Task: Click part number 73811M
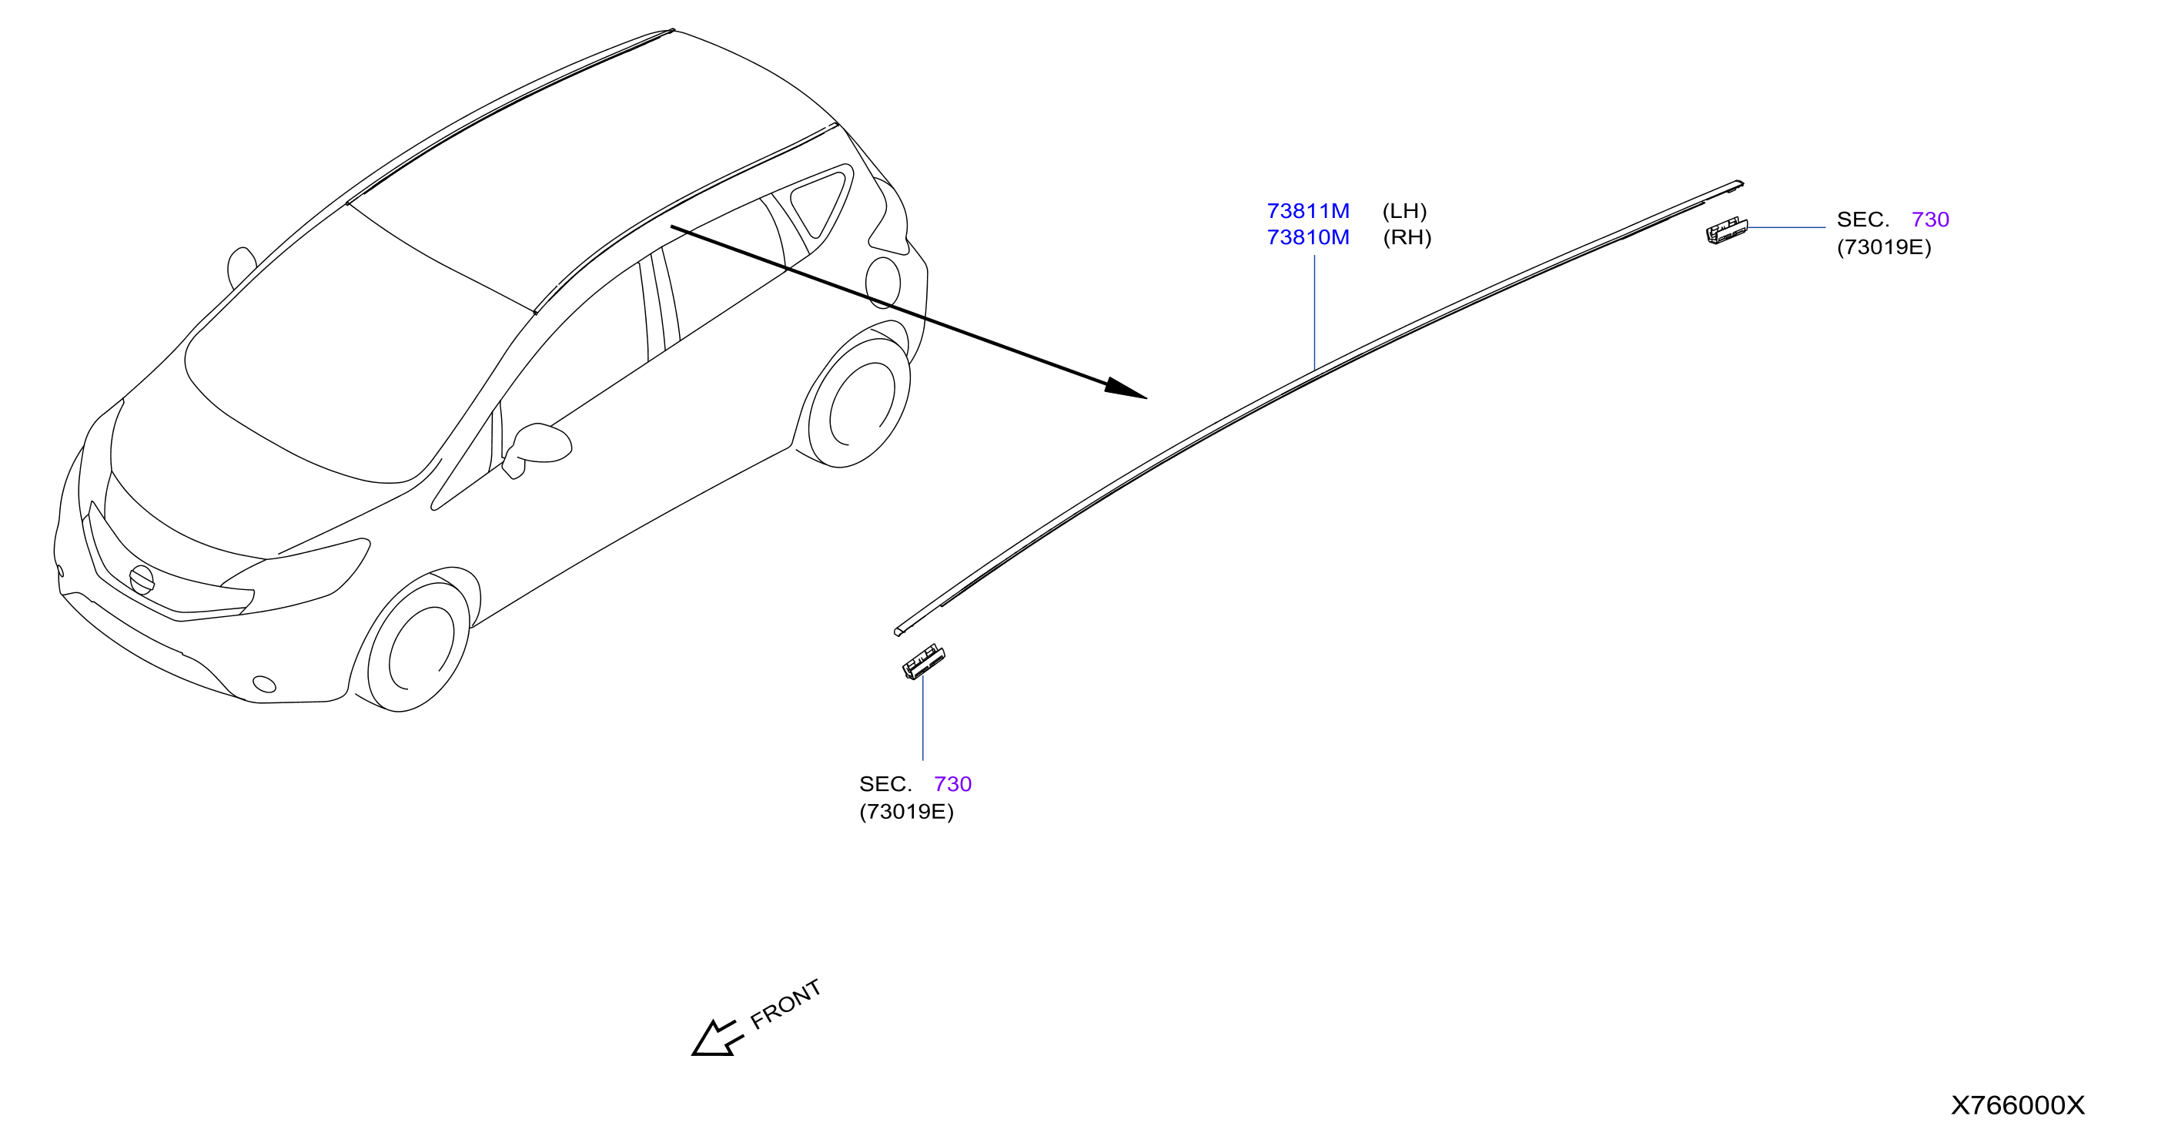click(x=1308, y=210)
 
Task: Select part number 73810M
click(x=1308, y=237)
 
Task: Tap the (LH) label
click(x=1404, y=210)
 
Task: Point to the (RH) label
click(x=1407, y=237)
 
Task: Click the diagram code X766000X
click(x=2017, y=1105)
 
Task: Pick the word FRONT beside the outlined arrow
click(x=785, y=1004)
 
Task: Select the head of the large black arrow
click(x=1126, y=389)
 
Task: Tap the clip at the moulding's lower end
click(x=923, y=662)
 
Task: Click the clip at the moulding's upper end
click(x=1726, y=230)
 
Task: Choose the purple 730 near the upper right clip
click(x=1930, y=220)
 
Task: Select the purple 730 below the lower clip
click(x=952, y=784)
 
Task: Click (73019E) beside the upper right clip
click(x=1885, y=247)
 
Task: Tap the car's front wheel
click(x=417, y=645)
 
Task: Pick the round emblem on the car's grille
click(x=142, y=580)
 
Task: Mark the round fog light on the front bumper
click(x=264, y=684)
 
